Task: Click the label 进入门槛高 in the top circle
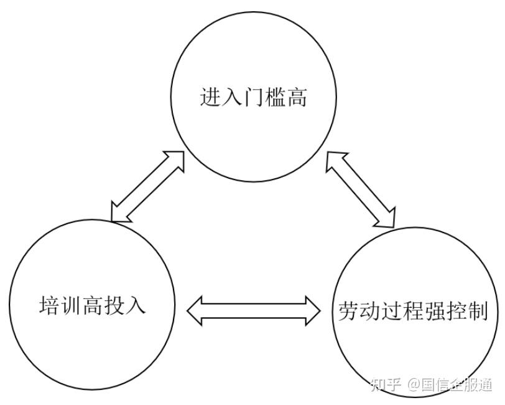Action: coord(253,98)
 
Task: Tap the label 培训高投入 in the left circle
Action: coord(93,306)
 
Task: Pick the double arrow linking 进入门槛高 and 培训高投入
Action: coord(148,186)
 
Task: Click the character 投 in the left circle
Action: coord(114,306)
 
